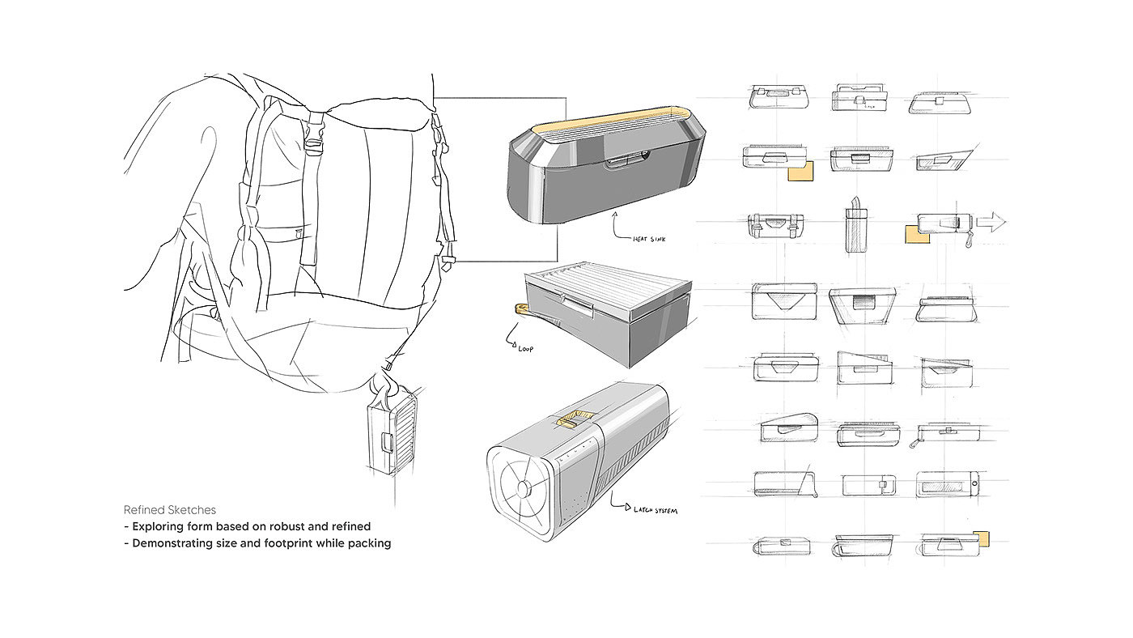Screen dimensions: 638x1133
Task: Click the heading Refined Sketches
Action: (x=170, y=510)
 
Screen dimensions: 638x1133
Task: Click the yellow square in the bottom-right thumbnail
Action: (x=982, y=539)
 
